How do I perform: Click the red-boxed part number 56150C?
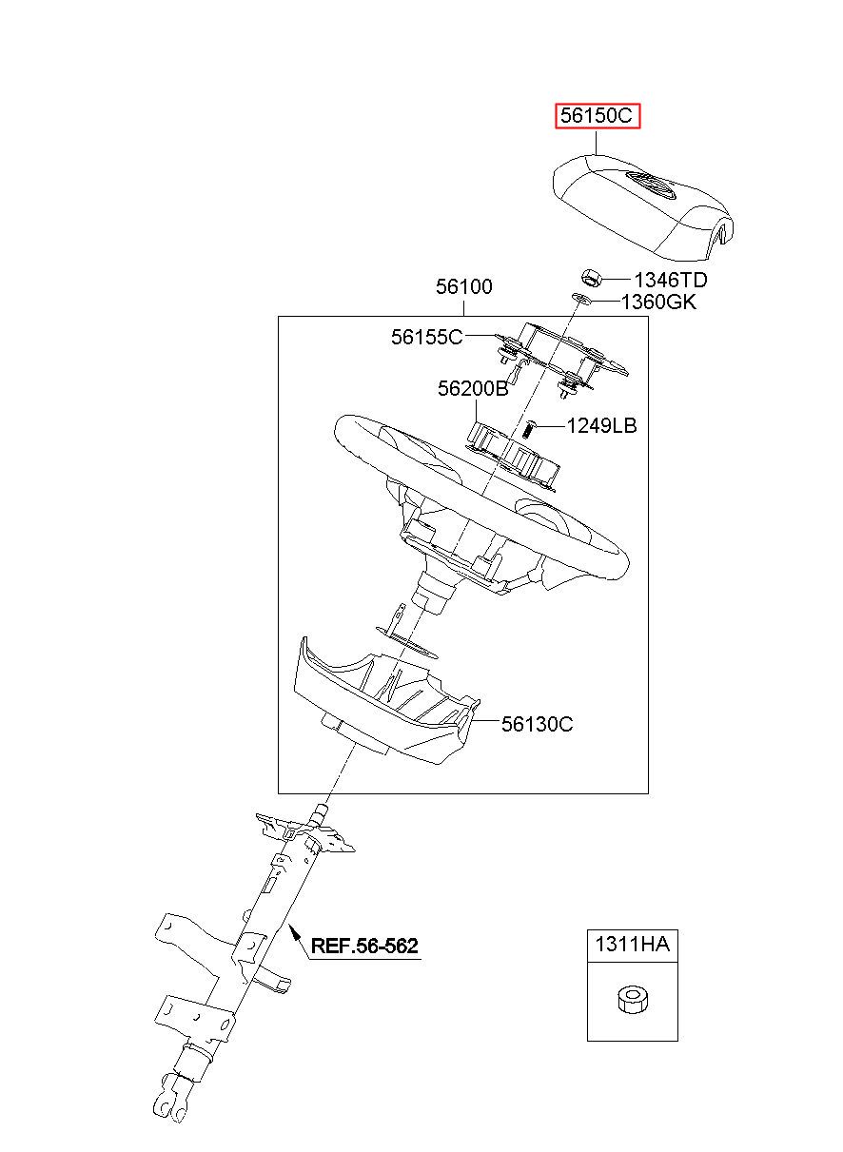[598, 116]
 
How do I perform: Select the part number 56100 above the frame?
[464, 285]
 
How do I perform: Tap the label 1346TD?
[671, 280]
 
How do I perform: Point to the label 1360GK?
[658, 303]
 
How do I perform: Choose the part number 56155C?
[426, 336]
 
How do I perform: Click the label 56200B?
[473, 388]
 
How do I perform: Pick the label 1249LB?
[601, 425]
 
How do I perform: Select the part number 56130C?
[537, 724]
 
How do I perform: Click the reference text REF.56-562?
[364, 946]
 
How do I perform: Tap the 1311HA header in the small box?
[632, 945]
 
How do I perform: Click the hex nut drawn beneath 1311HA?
[630, 1000]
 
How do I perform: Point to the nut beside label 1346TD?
[591, 278]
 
